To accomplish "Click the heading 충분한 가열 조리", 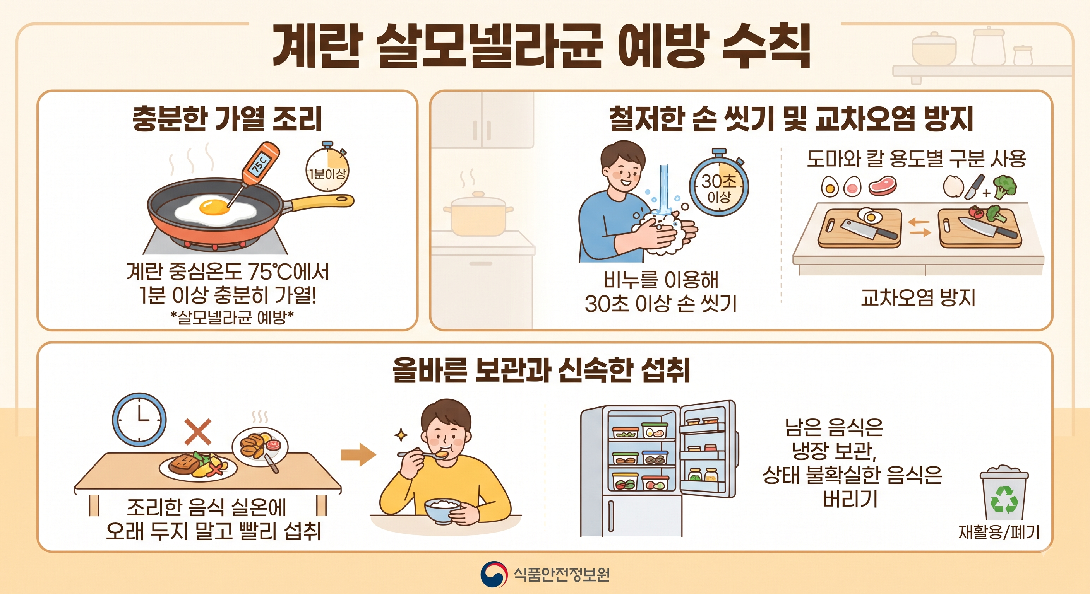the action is [x=227, y=118].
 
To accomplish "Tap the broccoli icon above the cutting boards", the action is [x=1004, y=186].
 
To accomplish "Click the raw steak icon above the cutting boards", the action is [x=882, y=186].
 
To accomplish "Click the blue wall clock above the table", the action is [x=139, y=419].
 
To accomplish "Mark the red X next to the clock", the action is [x=198, y=431].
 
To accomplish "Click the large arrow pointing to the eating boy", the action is [x=358, y=454].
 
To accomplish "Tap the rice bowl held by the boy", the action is [x=443, y=510].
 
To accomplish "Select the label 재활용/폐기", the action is [x=999, y=532].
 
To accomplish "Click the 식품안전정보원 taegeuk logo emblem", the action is [x=494, y=574].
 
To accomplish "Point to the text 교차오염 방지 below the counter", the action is [x=918, y=298].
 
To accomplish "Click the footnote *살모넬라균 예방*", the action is [x=232, y=317].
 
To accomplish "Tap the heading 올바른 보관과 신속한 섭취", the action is [x=542, y=370].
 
